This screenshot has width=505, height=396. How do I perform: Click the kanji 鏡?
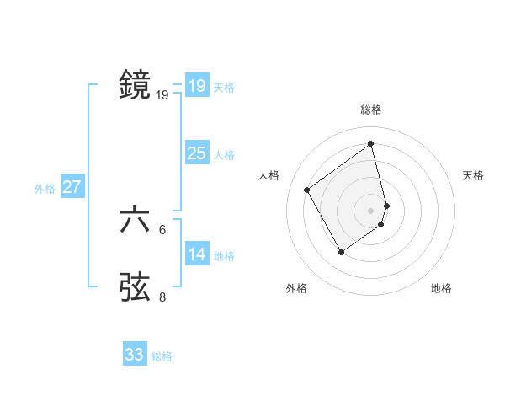135,85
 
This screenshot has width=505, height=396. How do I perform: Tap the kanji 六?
135,220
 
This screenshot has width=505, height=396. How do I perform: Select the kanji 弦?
135,286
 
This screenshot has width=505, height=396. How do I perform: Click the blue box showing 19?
196,86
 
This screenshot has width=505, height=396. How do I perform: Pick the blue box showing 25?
196,153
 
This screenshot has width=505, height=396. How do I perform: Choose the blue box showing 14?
196,254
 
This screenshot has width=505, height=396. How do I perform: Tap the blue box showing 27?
72,187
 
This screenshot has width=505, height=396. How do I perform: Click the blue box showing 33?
135,355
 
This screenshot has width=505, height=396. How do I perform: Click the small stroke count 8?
162,297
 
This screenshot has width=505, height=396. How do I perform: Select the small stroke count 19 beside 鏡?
162,95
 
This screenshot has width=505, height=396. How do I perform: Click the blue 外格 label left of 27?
45,189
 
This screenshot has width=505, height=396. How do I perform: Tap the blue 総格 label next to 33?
162,356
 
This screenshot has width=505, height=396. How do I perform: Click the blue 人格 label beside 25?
224,155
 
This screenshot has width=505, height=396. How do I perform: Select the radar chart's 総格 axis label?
371,110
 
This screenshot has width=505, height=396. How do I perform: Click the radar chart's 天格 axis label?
474,175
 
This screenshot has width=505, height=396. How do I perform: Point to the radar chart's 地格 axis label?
441,288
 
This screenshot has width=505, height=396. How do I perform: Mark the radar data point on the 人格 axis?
307,190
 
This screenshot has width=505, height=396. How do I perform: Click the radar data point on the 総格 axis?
371,144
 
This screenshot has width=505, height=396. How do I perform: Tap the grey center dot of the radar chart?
371,210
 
